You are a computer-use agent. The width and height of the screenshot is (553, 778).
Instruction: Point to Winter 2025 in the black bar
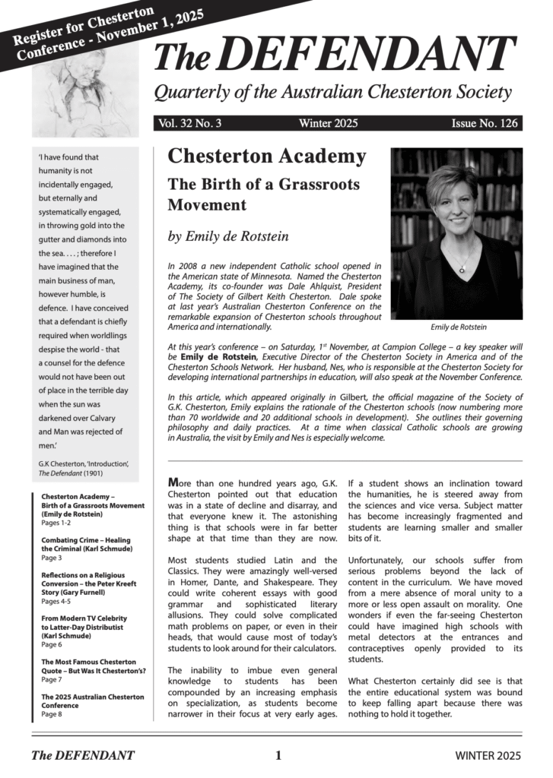tap(328, 124)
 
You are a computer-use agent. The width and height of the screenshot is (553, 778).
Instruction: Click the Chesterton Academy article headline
tap(266, 157)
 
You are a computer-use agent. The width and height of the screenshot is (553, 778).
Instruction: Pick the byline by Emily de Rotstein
tap(228, 236)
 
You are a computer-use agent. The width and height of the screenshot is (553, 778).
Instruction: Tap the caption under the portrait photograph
tap(458, 327)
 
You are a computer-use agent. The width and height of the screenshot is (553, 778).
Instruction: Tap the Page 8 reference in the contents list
tap(52, 715)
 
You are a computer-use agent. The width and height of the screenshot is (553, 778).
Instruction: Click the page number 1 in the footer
tap(278, 755)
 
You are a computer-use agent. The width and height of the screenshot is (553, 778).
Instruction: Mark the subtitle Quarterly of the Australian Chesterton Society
tap(332, 93)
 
